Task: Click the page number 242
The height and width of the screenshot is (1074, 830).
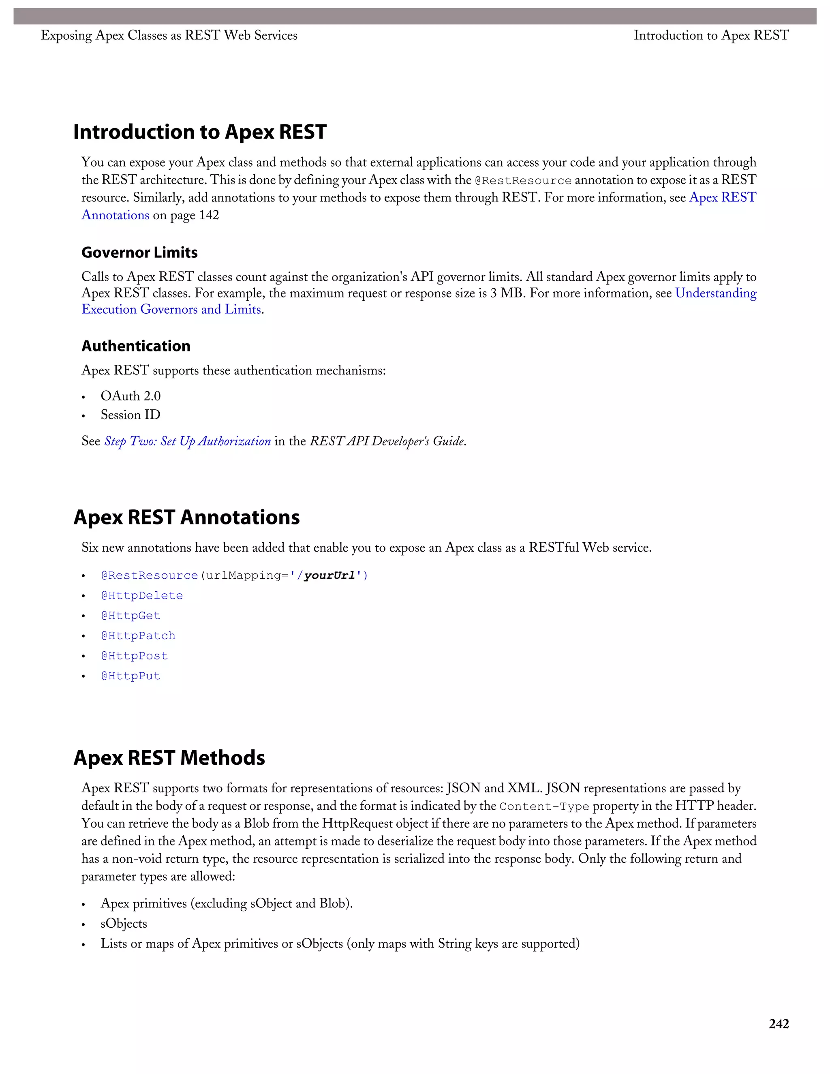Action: [779, 1024]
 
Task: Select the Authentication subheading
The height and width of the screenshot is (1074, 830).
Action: [136, 346]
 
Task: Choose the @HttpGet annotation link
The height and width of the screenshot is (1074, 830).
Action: [130, 616]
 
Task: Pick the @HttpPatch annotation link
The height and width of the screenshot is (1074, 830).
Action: [138, 636]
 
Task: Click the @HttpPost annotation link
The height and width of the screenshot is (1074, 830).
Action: [134, 656]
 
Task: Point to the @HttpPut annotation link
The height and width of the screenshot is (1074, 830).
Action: [130, 676]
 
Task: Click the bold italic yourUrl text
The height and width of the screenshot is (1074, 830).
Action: [329, 576]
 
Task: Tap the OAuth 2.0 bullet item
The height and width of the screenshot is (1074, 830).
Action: [130, 396]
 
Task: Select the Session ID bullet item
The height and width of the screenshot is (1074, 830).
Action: [130, 415]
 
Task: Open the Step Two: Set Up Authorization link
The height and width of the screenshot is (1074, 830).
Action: [187, 441]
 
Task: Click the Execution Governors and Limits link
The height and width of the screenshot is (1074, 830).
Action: [171, 309]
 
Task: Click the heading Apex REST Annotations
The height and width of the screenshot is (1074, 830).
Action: [186, 517]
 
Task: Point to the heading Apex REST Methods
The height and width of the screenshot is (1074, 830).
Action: [169, 758]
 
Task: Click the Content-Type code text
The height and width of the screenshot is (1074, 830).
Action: [544, 807]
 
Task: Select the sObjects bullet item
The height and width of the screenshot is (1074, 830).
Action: [124, 924]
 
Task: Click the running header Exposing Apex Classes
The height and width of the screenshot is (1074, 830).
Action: [169, 35]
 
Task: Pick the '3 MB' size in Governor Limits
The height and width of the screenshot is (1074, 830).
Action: [507, 293]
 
